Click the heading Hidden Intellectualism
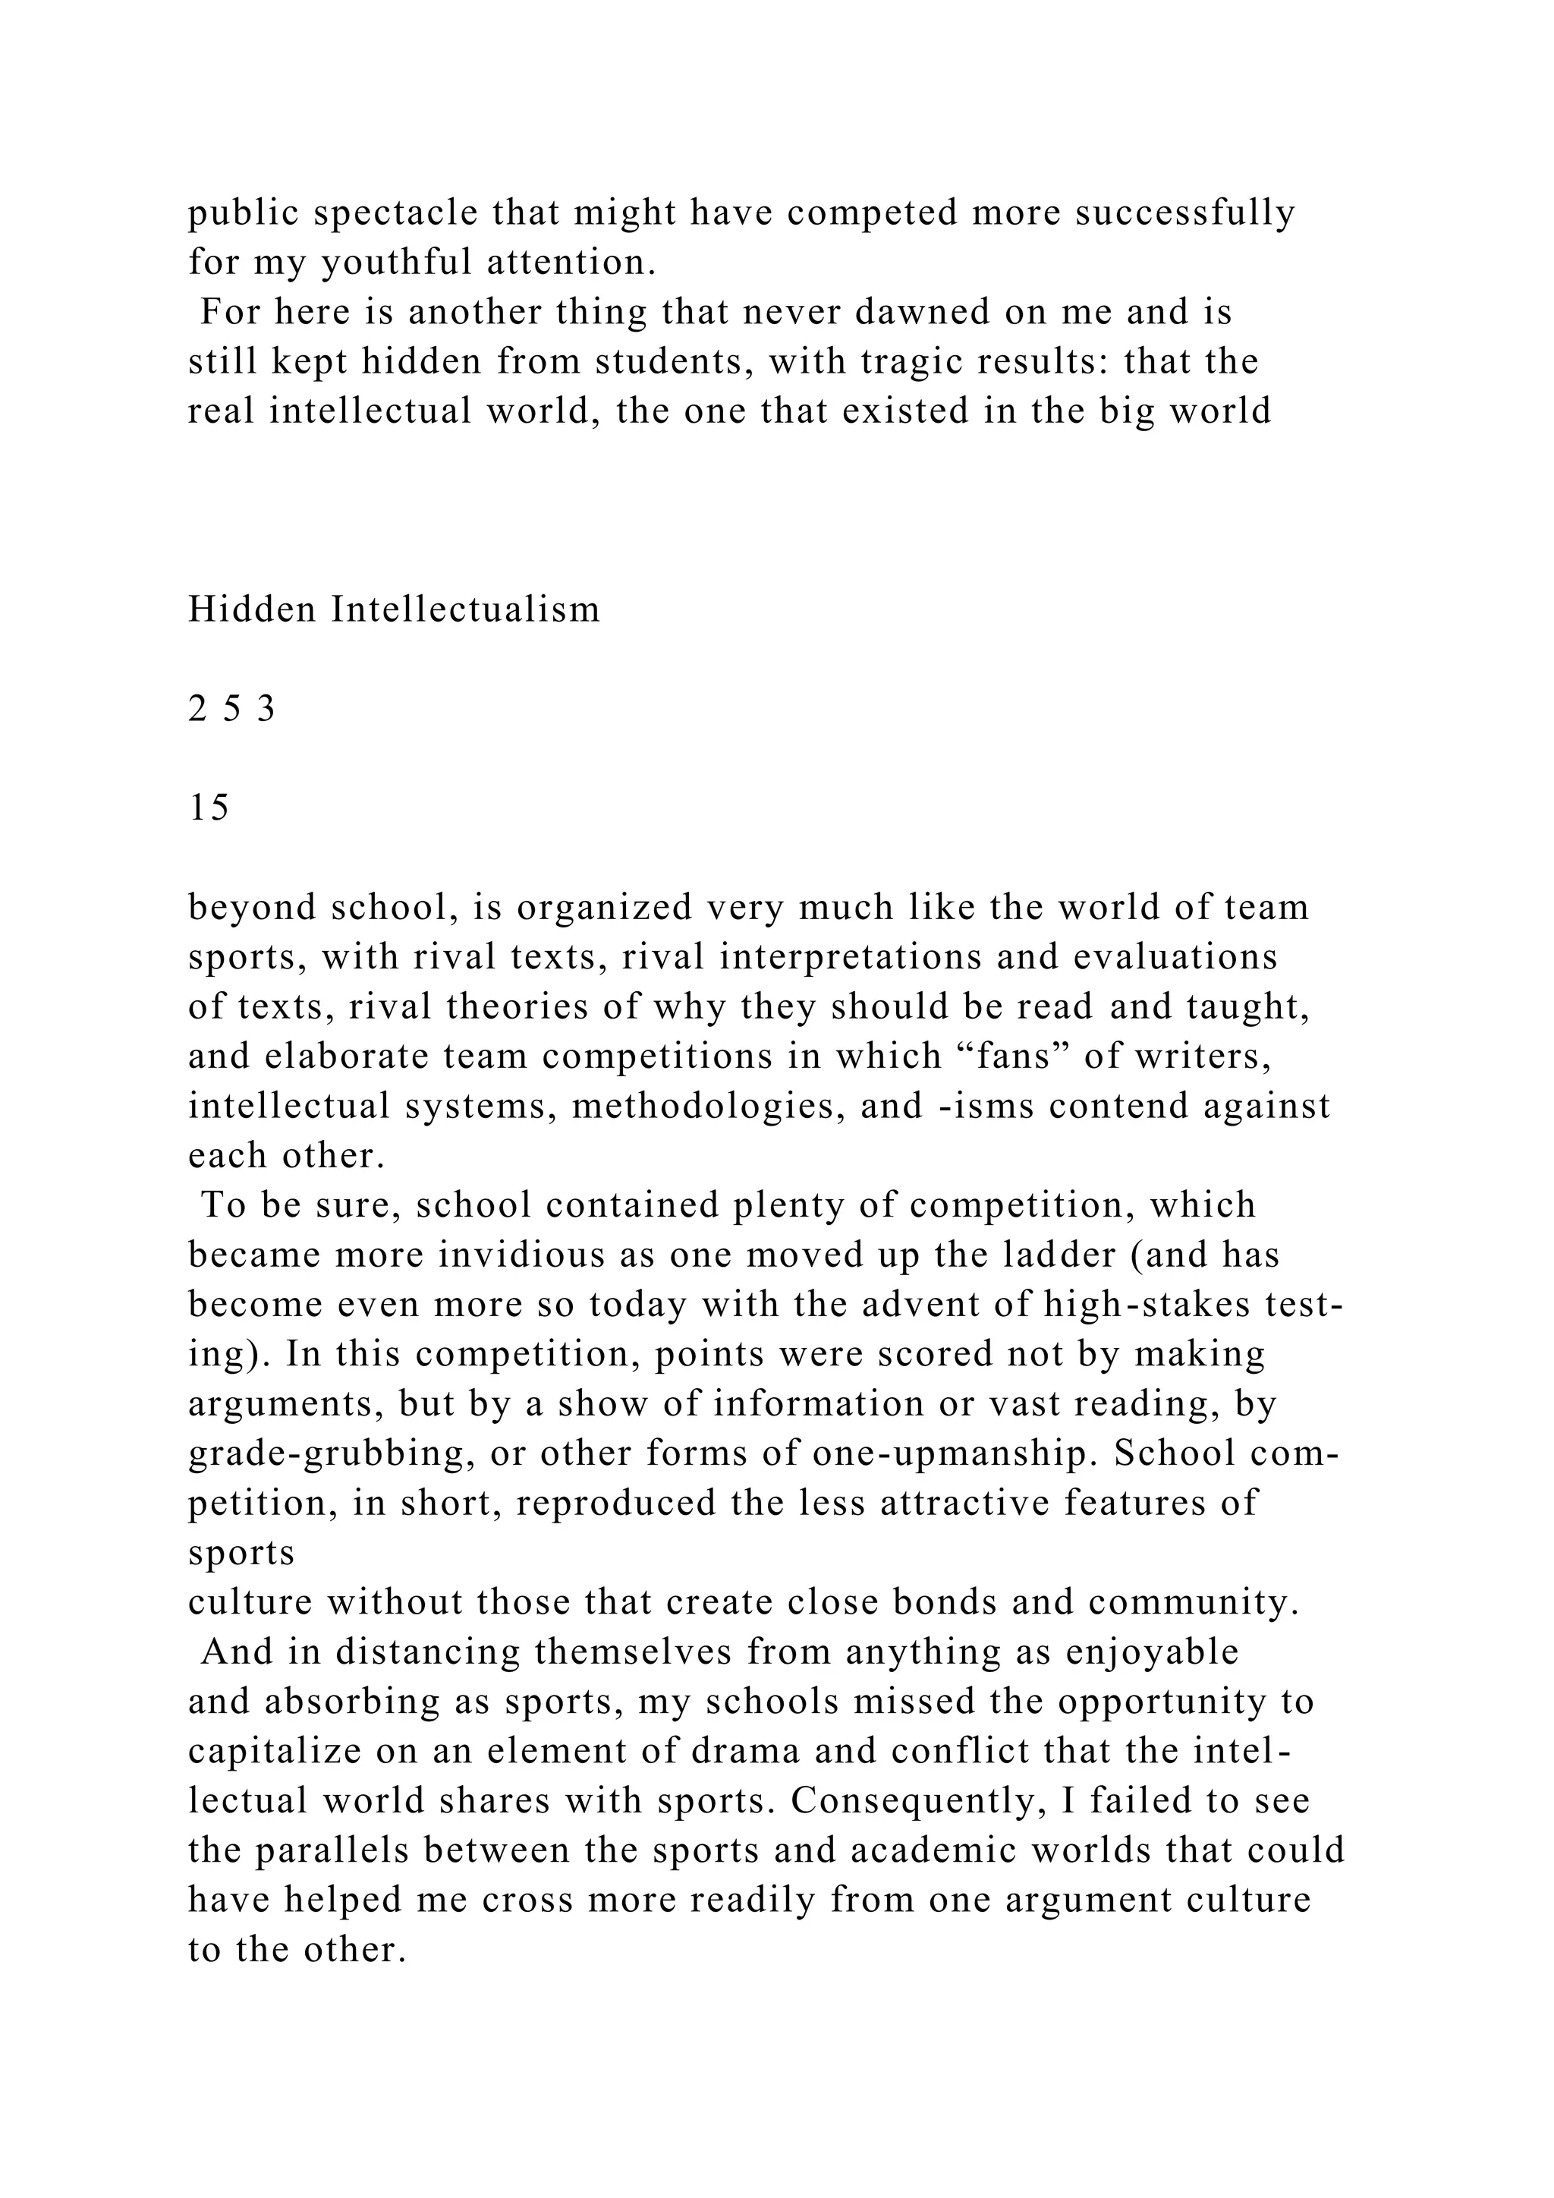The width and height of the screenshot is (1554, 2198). [x=395, y=609]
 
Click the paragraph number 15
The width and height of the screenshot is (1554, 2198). [x=209, y=808]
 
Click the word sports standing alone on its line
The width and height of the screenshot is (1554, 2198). [x=241, y=1553]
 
